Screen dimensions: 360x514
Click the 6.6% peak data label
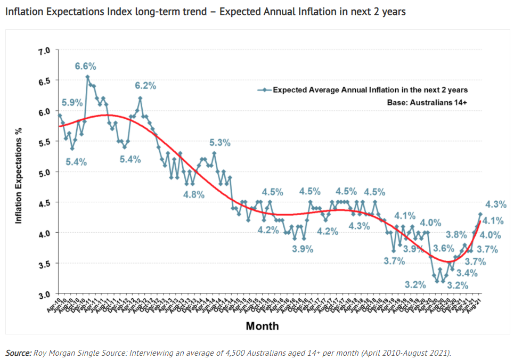click(x=85, y=67)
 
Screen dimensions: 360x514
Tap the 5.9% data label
click(x=72, y=102)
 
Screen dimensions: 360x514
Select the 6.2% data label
click(x=145, y=85)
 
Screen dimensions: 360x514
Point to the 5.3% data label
click(x=219, y=142)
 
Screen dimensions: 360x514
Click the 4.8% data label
click(x=193, y=194)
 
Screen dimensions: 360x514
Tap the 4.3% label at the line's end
click(x=496, y=204)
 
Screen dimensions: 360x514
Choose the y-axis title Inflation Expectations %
click(x=19, y=172)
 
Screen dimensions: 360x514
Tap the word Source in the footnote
click(x=17, y=353)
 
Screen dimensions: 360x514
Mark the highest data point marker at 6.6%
click(x=87, y=77)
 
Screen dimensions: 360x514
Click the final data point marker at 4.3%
click(x=480, y=215)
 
